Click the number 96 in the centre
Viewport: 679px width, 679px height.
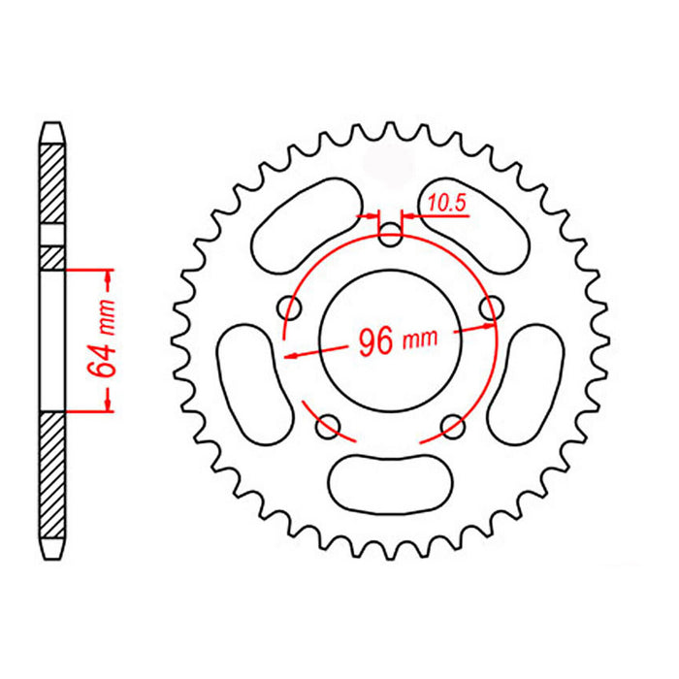point(376,342)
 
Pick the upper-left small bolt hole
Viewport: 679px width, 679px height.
point(289,307)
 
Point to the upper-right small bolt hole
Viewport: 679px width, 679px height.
point(494,307)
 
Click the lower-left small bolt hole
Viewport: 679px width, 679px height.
point(329,423)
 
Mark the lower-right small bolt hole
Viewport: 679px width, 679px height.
point(451,423)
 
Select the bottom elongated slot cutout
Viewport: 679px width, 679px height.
point(390,478)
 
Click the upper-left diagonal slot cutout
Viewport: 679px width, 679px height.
point(303,227)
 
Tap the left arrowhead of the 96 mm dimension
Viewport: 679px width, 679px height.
point(290,355)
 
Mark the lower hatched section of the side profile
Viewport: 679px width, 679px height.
point(52,475)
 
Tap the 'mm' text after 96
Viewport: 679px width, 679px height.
point(420,339)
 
